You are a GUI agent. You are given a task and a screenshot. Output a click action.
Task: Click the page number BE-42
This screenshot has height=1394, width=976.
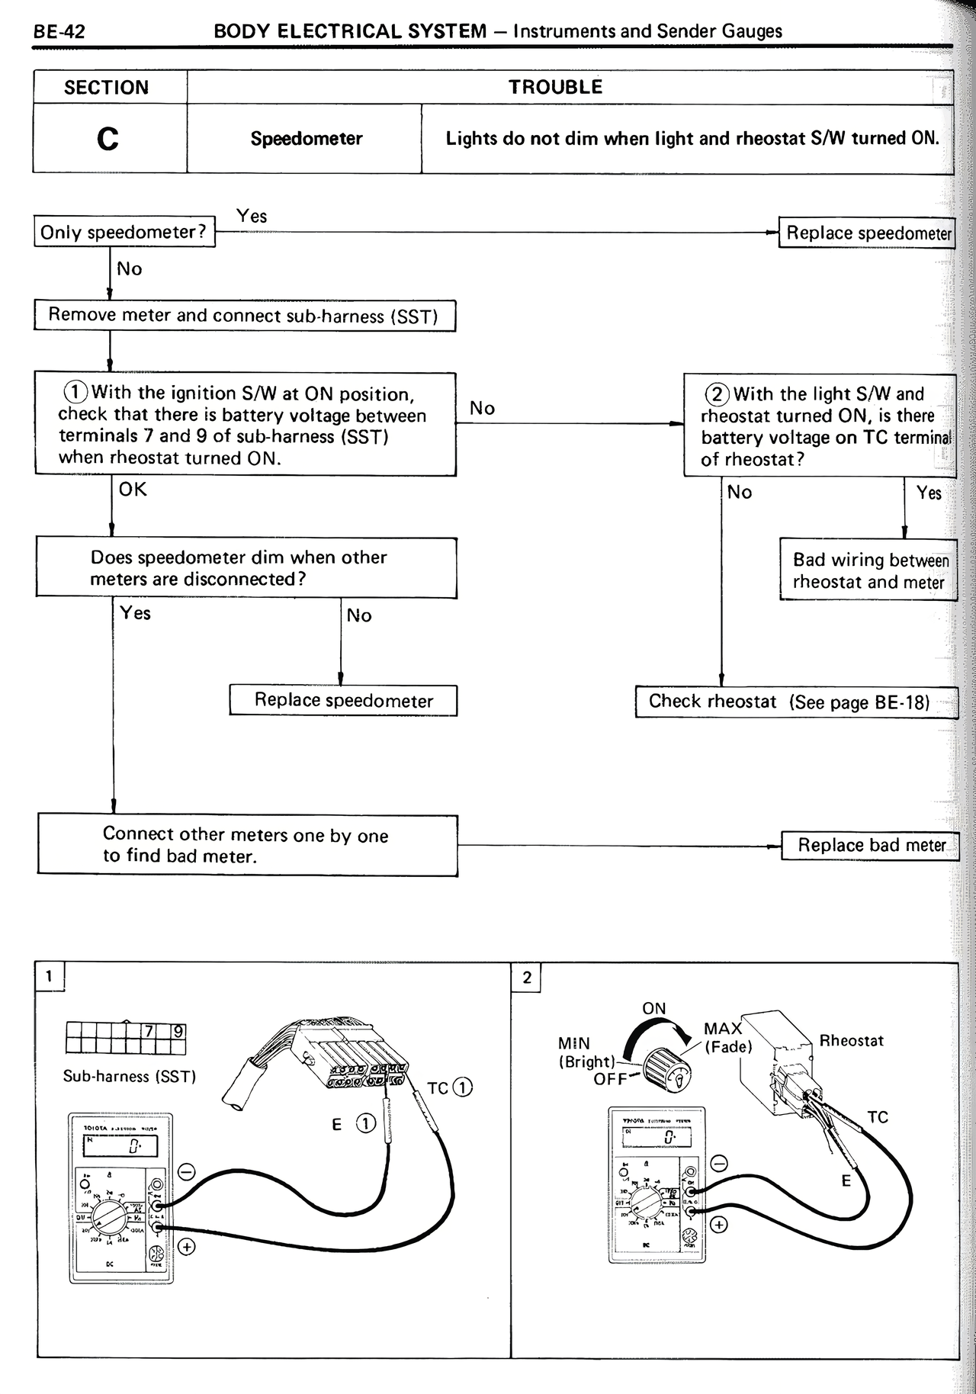59,32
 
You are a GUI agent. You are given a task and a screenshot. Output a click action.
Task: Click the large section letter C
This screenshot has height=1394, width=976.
108,139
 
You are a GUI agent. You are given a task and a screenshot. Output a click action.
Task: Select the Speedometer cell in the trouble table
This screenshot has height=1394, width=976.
306,139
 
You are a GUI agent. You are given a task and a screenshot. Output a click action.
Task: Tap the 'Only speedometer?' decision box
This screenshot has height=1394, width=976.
124,233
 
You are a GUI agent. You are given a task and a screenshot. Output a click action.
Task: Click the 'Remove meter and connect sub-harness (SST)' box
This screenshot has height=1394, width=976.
244,316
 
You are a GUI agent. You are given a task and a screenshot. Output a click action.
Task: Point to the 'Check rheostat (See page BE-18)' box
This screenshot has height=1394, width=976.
790,702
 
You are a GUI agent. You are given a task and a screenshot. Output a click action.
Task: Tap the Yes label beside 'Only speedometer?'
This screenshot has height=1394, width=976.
252,217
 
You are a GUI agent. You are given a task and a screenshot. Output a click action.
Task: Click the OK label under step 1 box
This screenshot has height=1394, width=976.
133,490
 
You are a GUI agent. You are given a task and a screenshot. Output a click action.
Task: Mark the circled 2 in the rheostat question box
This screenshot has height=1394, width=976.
717,394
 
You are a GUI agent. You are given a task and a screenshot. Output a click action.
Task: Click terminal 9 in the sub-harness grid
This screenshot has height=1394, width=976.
178,1032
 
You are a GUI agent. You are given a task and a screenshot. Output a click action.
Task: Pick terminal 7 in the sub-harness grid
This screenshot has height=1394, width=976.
149,1032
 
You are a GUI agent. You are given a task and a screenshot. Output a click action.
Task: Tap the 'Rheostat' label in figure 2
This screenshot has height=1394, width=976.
851,1041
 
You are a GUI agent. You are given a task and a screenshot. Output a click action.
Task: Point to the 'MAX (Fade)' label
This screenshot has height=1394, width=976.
726,1038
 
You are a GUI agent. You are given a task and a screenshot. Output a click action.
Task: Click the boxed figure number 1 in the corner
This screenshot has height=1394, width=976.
50,976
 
